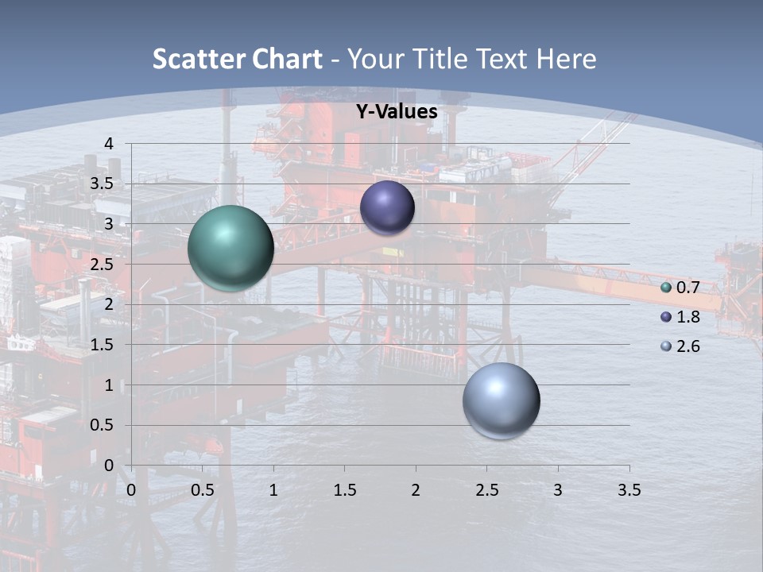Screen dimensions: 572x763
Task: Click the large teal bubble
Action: [230, 248]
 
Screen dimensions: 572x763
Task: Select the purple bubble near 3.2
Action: [387, 207]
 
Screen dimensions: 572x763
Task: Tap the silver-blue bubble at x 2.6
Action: [501, 400]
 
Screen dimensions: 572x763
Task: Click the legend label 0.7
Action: [688, 288]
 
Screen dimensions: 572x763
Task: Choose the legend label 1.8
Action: [688, 317]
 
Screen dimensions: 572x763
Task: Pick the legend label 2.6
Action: [688, 346]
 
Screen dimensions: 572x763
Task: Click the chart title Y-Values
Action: [397, 112]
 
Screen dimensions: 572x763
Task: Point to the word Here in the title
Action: [566, 59]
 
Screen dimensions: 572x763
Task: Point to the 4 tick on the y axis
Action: [109, 144]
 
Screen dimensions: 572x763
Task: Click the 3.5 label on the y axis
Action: [103, 184]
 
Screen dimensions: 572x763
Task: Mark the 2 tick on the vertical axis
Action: [109, 304]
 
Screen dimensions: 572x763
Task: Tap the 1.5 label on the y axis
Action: [103, 345]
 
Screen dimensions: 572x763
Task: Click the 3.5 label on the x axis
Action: [629, 490]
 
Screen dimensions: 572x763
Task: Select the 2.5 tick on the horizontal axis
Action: [486, 490]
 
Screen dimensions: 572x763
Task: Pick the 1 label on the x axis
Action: [273, 490]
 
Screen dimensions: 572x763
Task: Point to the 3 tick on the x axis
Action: [558, 490]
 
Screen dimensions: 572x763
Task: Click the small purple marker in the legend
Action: [666, 317]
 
